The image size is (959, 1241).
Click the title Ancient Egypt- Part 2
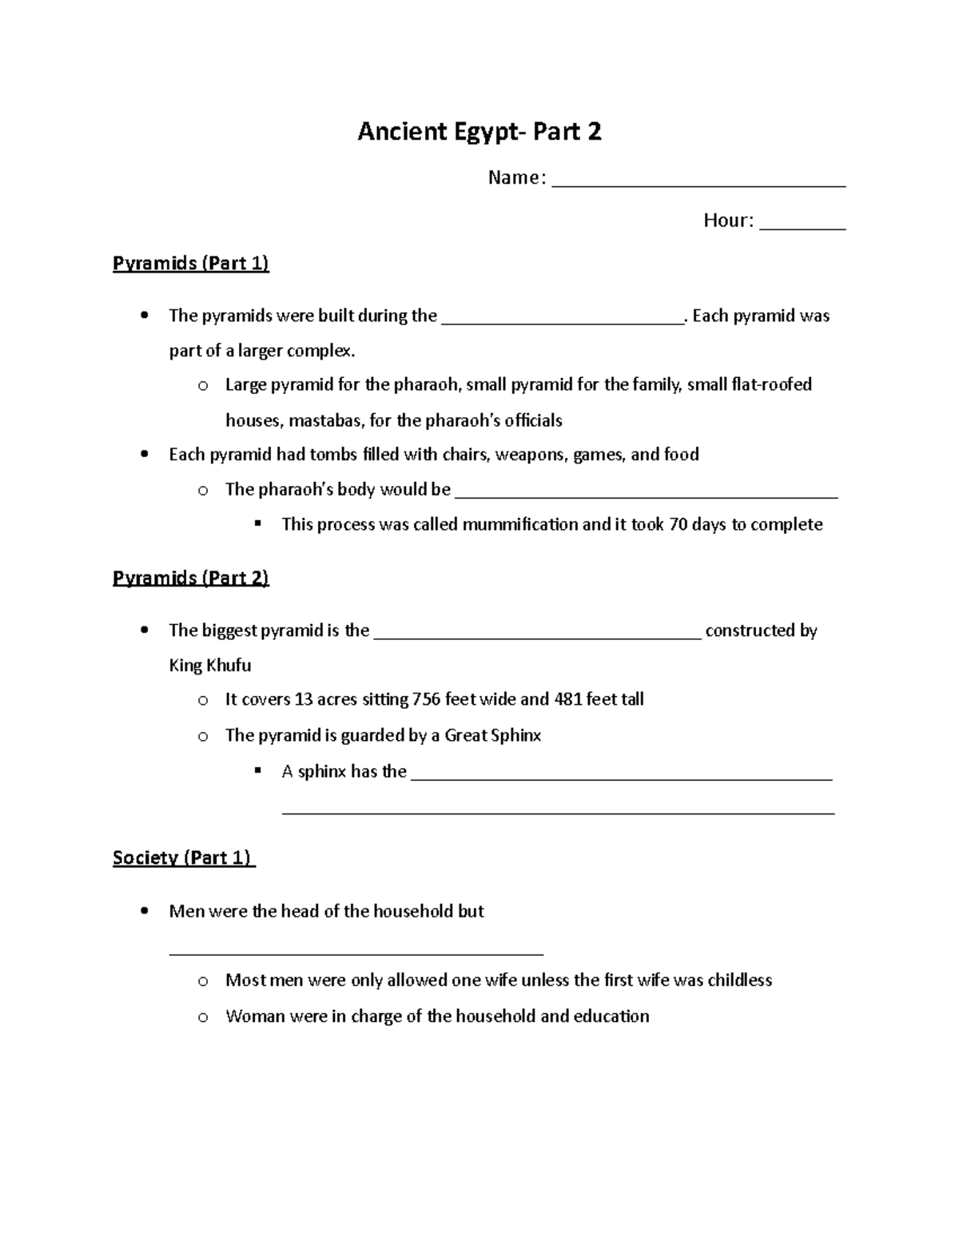(x=479, y=131)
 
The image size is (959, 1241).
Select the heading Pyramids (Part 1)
(x=191, y=263)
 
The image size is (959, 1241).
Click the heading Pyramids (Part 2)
(x=191, y=578)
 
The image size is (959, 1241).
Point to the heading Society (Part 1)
(x=183, y=857)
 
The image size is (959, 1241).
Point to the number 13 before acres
(x=303, y=699)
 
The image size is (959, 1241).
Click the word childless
(x=739, y=980)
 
